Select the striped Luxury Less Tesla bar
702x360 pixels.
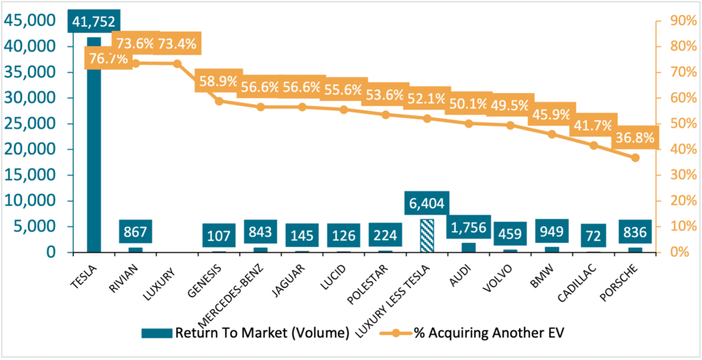click(x=427, y=236)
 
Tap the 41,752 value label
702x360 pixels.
click(x=94, y=21)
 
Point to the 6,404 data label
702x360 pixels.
click(x=427, y=203)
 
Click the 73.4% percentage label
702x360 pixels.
click(x=177, y=45)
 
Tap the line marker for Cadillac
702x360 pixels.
click(x=594, y=145)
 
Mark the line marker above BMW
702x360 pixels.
click(x=552, y=134)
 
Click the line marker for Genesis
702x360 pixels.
click(x=219, y=101)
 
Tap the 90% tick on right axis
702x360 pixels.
click(x=675, y=21)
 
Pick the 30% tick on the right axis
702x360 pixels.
click(x=675, y=175)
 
